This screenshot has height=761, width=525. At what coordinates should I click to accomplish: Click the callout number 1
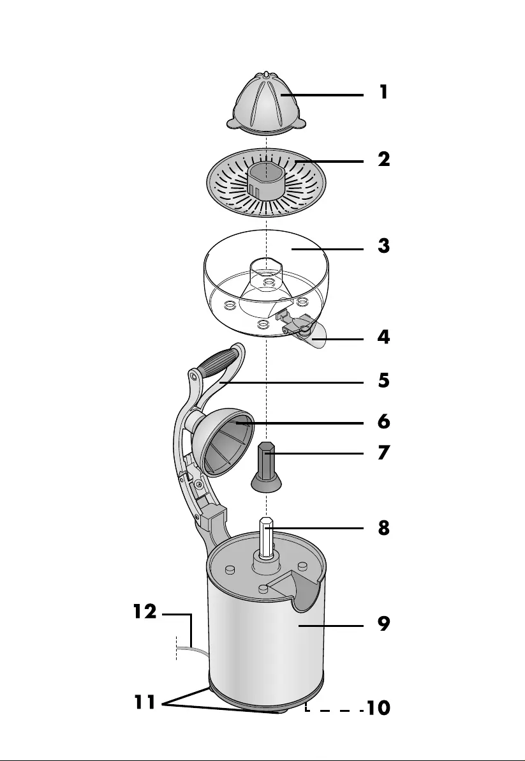[383, 93]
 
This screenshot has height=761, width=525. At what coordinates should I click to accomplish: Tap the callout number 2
[383, 159]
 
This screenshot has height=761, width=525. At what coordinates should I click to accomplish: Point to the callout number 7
[383, 453]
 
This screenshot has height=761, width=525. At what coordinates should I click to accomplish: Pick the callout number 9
[383, 624]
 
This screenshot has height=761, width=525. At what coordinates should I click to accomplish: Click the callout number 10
[376, 708]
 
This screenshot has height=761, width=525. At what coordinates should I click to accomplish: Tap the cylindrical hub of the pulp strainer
[263, 182]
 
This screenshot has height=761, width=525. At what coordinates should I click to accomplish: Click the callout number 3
[383, 246]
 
